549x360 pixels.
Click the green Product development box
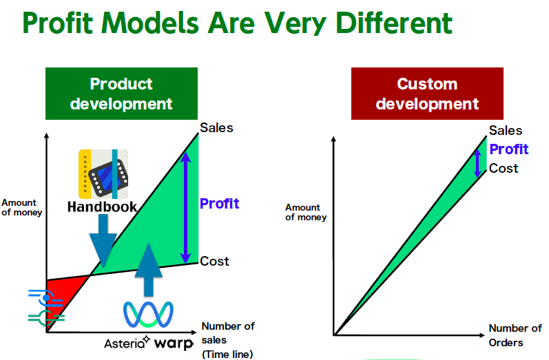tap(121, 94)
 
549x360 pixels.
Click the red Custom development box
tap(427, 94)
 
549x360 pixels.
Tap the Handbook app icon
tap(103, 174)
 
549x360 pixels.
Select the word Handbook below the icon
tap(102, 207)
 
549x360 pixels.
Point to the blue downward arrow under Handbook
tap(103, 241)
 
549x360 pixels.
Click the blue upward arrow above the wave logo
tap(149, 270)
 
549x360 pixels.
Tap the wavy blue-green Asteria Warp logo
tap(149, 314)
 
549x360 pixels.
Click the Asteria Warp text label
tap(149, 343)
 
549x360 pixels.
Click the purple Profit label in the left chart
tap(220, 203)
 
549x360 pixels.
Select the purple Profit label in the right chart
tap(509, 149)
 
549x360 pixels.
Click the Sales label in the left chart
tap(216, 128)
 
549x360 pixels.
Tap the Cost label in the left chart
tap(215, 261)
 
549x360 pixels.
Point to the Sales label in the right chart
tap(506, 131)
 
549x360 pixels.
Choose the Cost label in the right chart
tap(504, 168)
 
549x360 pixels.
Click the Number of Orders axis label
tap(515, 335)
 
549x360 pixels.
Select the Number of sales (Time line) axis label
tap(228, 340)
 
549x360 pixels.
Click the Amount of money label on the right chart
tap(306, 213)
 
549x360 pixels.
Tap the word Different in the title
tap(393, 23)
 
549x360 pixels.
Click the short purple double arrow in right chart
tap(477, 163)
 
